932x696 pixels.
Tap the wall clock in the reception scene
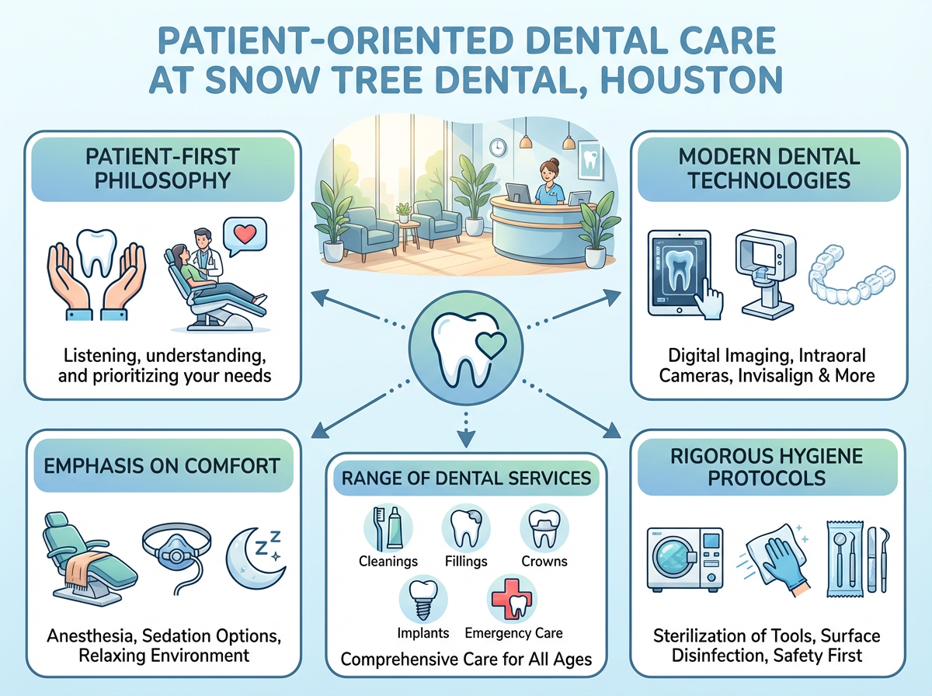click(x=497, y=145)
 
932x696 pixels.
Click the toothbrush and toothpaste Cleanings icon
click(x=387, y=527)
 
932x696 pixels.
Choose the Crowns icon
click(x=543, y=527)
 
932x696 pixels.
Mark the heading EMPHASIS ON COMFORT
click(x=162, y=466)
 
